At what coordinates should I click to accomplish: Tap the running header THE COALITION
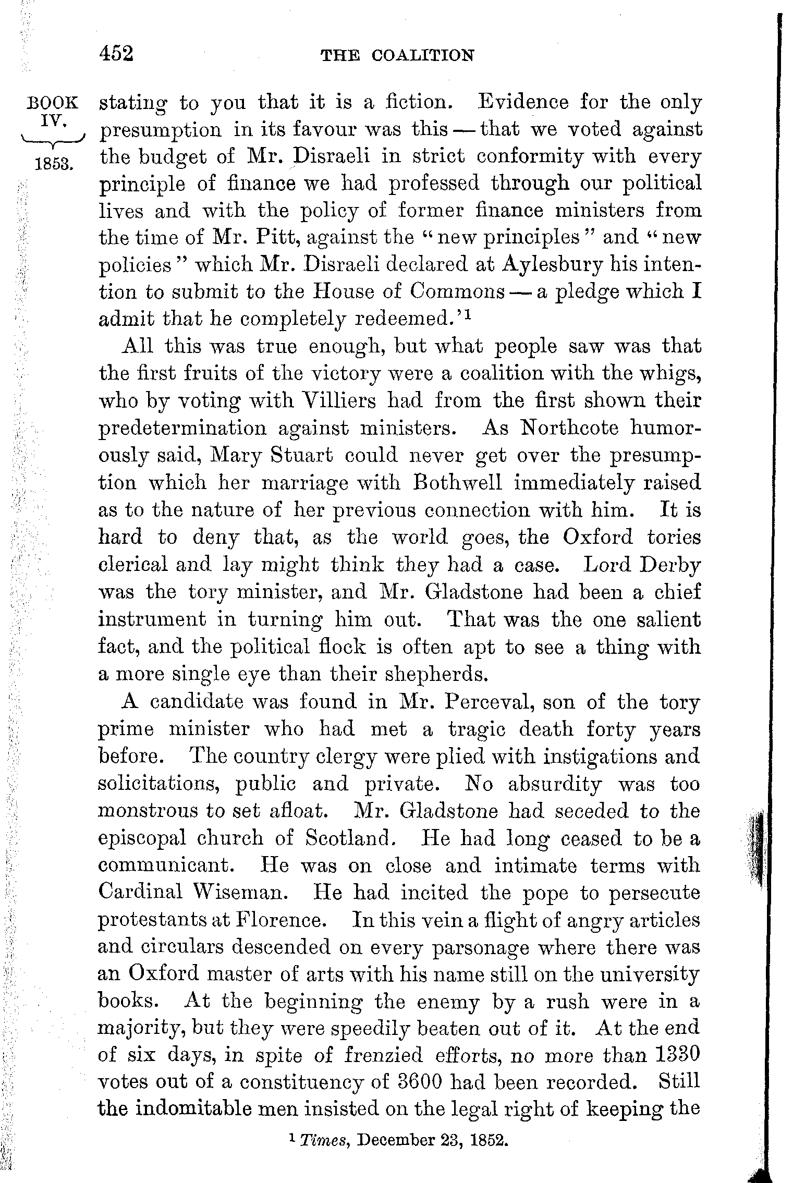(x=397, y=55)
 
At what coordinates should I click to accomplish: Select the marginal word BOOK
(x=53, y=102)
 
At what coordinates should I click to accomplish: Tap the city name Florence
(x=283, y=919)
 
